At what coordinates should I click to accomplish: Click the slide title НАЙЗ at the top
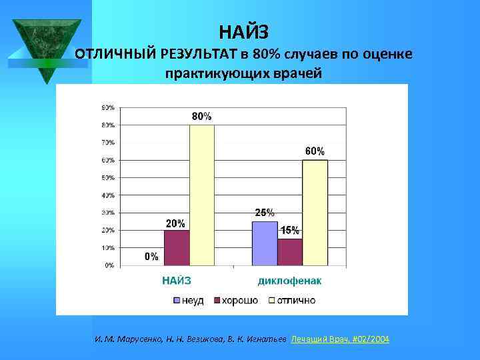tap(244, 31)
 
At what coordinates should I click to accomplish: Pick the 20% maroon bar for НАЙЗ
tap(177, 247)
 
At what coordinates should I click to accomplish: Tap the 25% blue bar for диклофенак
tap(264, 243)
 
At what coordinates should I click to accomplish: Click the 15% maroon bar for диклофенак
tap(289, 252)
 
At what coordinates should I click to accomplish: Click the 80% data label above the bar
tap(202, 116)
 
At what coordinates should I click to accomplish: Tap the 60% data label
tap(315, 151)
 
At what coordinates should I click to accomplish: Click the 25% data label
tap(264, 213)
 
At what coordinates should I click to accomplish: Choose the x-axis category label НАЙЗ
tap(177, 281)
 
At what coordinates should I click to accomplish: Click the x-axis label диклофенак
tap(289, 281)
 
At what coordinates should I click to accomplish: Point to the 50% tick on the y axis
tap(107, 178)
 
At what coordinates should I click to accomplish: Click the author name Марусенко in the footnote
tap(137, 339)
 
